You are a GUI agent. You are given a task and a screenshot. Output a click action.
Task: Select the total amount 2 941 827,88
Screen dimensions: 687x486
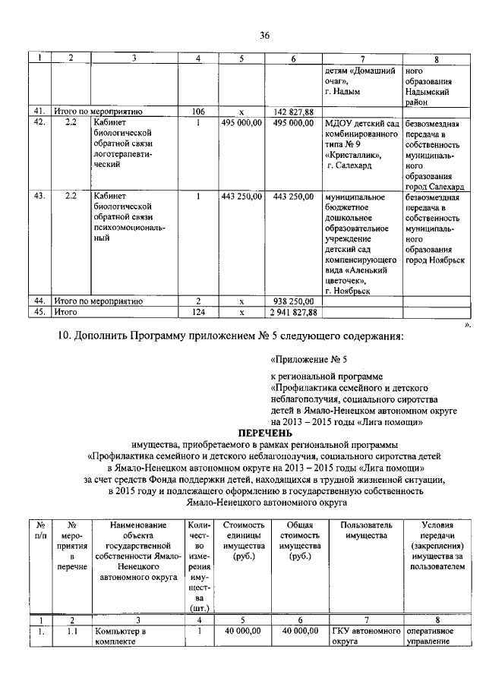(x=293, y=312)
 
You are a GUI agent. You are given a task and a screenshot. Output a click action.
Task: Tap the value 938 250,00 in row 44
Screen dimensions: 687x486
(x=293, y=301)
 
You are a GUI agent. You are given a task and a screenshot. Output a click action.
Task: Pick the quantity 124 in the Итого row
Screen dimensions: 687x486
(x=197, y=312)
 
